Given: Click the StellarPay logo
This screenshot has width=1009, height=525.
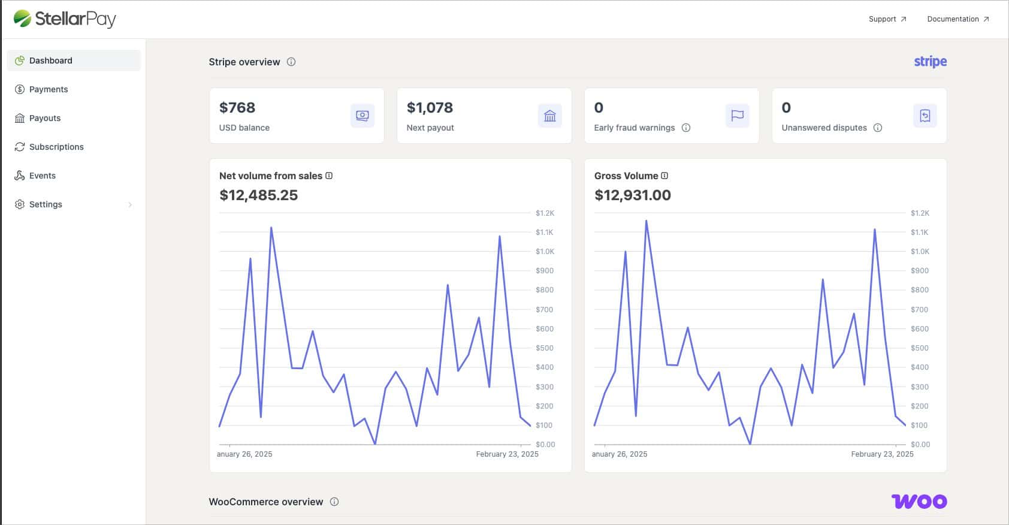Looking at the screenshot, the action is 65,19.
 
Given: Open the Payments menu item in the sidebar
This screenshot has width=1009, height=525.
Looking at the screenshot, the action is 48,89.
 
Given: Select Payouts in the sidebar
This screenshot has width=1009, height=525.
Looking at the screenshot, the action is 44,118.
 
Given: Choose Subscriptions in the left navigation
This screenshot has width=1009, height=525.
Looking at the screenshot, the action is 56,147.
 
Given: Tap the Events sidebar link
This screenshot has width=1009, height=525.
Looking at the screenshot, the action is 43,176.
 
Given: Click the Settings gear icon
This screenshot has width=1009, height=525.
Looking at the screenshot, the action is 19,204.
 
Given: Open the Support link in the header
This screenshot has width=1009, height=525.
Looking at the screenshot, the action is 887,19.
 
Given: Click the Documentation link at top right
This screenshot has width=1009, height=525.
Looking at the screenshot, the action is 957,19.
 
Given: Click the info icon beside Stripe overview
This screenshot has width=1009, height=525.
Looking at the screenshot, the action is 291,62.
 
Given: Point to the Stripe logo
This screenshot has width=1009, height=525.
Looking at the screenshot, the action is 930,62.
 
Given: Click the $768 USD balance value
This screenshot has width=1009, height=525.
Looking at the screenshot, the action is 237,108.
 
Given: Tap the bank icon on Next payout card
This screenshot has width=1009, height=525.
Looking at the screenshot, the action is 549,116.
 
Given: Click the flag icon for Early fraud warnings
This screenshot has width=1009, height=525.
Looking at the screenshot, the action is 738,116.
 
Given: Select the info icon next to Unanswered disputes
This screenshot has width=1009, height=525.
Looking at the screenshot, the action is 877,128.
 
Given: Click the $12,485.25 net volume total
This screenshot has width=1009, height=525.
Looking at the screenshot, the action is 259,195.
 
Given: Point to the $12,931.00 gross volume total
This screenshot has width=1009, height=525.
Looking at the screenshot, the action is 633,195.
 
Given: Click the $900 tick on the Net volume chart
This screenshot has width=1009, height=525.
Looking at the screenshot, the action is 545,271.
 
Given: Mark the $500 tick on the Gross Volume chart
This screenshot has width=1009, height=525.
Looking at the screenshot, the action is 919,348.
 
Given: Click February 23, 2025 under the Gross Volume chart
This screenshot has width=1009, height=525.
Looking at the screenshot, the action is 882,454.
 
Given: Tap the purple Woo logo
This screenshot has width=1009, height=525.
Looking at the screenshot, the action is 919,502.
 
